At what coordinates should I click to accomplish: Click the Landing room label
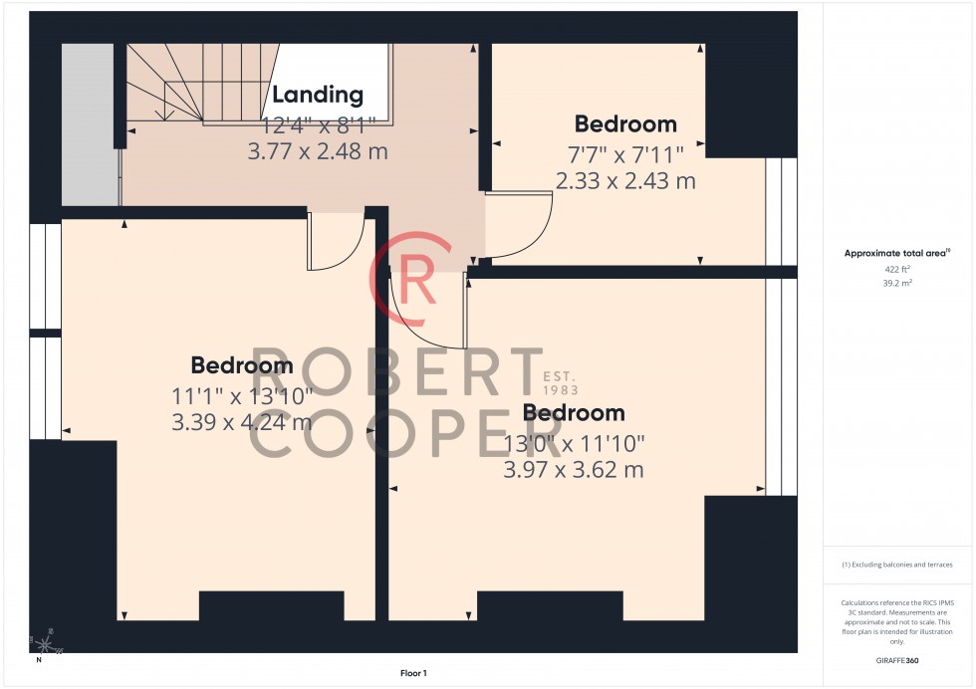[x=318, y=96]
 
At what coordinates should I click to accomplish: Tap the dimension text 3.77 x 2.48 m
[x=317, y=151]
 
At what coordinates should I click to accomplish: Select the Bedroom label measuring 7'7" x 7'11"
[x=625, y=124]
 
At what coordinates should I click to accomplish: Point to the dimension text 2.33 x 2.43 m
[x=625, y=180]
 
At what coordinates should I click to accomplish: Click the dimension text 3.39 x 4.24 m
[x=242, y=421]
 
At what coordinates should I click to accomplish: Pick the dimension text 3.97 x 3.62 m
[x=574, y=469]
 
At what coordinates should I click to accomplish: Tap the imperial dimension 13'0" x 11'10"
[x=574, y=441]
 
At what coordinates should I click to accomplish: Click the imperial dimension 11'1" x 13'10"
[x=242, y=394]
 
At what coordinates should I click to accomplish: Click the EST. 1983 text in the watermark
[x=561, y=383]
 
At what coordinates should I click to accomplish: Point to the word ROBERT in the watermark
[x=395, y=373]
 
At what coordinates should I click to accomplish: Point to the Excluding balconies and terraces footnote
[x=896, y=565]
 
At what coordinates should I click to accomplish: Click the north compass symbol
[x=41, y=647]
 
